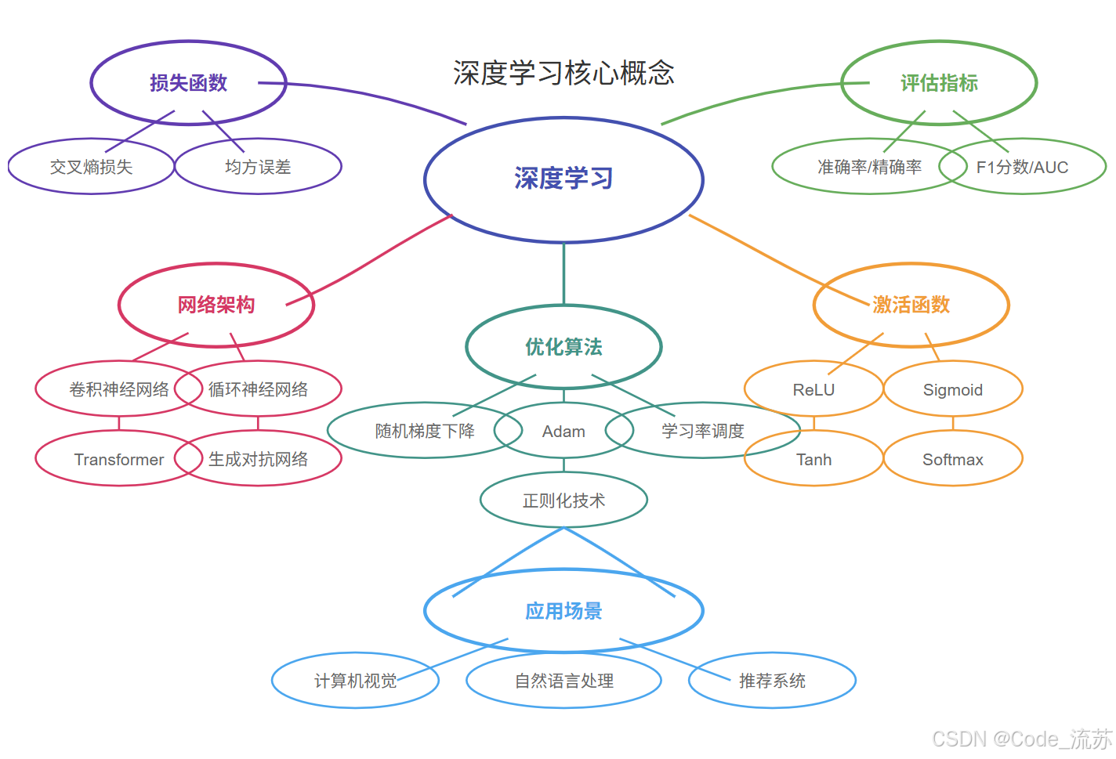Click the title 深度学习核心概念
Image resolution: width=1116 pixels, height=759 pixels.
pyautogui.click(x=563, y=73)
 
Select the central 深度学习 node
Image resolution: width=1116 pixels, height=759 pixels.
pyautogui.click(x=563, y=179)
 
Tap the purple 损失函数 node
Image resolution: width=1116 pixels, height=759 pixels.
pyautogui.click(x=188, y=83)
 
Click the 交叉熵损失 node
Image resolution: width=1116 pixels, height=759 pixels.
pyautogui.click(x=91, y=167)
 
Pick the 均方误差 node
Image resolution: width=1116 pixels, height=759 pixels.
pyautogui.click(x=258, y=167)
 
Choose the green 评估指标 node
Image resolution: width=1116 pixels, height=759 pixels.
pyautogui.click(x=939, y=83)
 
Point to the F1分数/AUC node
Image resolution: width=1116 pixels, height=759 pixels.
pyautogui.click(x=1022, y=167)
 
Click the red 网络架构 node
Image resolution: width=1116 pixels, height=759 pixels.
pyautogui.click(x=216, y=305)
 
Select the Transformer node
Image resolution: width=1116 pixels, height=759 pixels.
pyautogui.click(x=119, y=459)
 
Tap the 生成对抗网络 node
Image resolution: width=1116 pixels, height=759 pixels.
pyautogui.click(x=258, y=459)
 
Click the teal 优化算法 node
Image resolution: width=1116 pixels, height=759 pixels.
pyautogui.click(x=563, y=347)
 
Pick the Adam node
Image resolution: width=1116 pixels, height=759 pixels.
pyautogui.click(x=563, y=431)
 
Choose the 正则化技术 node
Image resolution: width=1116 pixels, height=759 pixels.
pyautogui.click(x=563, y=501)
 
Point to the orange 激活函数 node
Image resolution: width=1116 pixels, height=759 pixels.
pyautogui.click(x=911, y=305)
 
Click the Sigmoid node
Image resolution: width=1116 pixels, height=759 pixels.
pyautogui.click(x=952, y=389)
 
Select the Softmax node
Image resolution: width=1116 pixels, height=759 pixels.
pyautogui.click(x=952, y=459)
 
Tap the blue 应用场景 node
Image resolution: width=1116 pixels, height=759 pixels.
pyautogui.click(x=563, y=611)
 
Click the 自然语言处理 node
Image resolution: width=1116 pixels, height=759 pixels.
pyautogui.click(x=563, y=681)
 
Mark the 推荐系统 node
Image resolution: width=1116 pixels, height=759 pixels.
pyautogui.click(x=772, y=681)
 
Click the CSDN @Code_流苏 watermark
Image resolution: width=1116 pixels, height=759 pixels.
pyautogui.click(x=1022, y=739)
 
